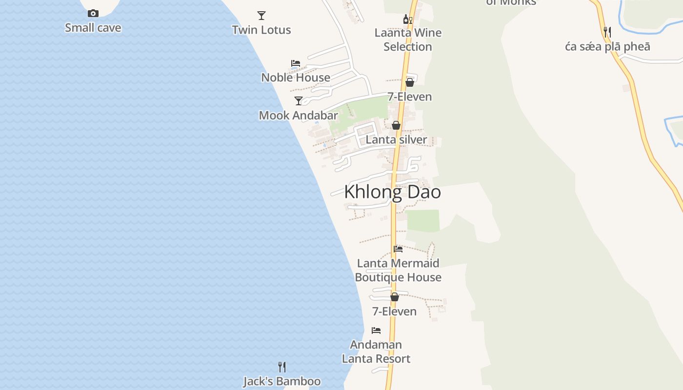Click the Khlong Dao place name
click(x=392, y=192)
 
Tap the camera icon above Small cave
click(x=93, y=14)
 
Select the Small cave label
click(x=93, y=28)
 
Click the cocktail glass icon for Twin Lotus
click(x=261, y=16)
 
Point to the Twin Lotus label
click(x=261, y=30)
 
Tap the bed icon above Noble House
click(x=295, y=63)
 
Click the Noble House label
click(x=296, y=78)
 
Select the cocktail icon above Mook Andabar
click(x=299, y=101)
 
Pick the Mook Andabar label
click(x=298, y=116)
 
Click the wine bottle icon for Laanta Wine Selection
click(x=407, y=19)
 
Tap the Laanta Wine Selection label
click(x=408, y=40)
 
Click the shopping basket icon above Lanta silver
click(x=396, y=125)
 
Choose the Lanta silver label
click(x=396, y=140)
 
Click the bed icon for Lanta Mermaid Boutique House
click(x=398, y=249)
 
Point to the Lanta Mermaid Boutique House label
click(x=398, y=271)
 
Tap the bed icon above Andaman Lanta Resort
click(x=376, y=331)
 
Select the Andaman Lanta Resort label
click(x=376, y=352)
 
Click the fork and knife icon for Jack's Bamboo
click(x=282, y=367)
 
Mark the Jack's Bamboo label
click(x=282, y=381)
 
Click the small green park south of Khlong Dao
click(x=423, y=220)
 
